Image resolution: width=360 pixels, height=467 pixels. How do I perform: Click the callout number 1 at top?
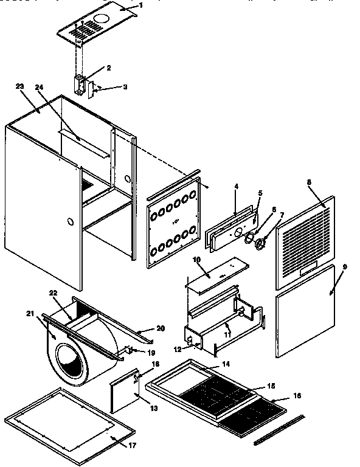click(141, 5)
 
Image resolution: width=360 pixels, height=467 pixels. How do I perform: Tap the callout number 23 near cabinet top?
click(19, 87)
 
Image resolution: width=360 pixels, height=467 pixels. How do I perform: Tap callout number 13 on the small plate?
click(154, 408)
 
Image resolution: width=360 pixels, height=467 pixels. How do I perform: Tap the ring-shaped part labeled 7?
click(261, 244)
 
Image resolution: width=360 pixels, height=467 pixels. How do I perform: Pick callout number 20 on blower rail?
click(161, 328)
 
